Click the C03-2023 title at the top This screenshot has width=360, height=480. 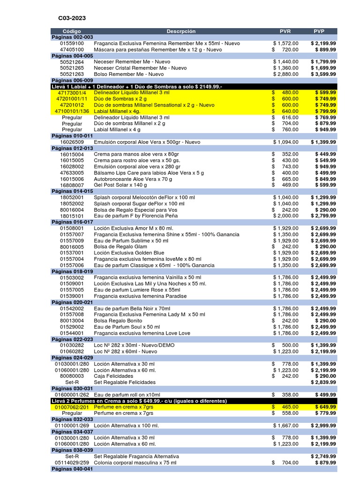[72, 18]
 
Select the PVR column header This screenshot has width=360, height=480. [285, 31]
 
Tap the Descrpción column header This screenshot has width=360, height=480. [180, 31]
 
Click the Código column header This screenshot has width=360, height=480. [72, 31]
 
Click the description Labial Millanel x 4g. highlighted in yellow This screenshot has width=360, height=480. [117, 111]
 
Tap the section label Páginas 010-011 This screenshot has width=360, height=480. [72, 135]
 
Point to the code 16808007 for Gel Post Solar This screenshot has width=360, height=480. [72, 185]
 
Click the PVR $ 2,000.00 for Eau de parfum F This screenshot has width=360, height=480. [285, 216]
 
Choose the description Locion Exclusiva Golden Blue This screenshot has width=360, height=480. [129, 253]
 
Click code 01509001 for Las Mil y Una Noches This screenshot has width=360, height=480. [72, 284]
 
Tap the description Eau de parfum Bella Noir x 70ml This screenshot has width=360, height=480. [132, 308]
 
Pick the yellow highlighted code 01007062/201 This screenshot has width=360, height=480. [72, 407]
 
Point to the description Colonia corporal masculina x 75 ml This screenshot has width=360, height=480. [135, 463]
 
